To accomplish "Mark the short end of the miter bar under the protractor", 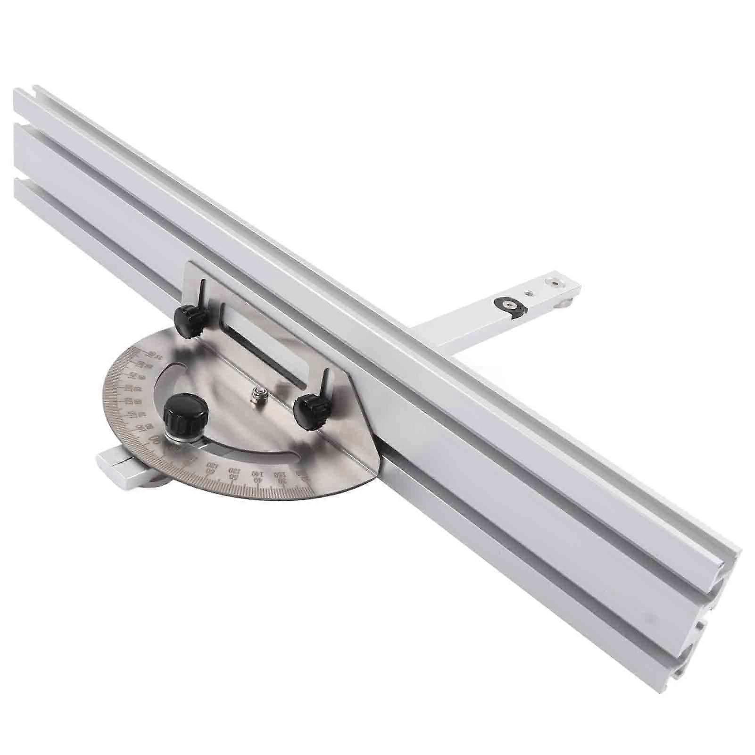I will point(113,464).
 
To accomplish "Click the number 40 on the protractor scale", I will point(257,478).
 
